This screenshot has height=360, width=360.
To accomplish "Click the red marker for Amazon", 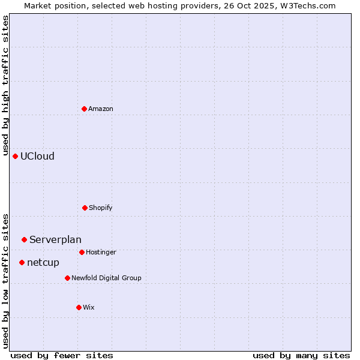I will click(84, 109).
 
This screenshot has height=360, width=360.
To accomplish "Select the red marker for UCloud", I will click(15, 156).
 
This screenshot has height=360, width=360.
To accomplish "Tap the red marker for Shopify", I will click(85, 208).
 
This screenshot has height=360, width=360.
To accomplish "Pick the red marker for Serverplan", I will click(24, 239).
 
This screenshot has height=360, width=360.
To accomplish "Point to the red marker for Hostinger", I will click(82, 252).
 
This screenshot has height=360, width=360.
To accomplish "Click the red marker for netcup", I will click(22, 262).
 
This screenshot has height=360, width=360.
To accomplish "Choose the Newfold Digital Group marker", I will click(67, 278).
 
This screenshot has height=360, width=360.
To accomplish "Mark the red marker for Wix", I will click(79, 307).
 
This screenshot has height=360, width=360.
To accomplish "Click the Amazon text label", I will click(101, 109).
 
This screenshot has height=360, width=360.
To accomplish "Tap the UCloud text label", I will click(37, 157).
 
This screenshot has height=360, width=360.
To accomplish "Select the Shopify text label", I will click(101, 208).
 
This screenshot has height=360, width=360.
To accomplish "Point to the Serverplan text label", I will click(55, 240).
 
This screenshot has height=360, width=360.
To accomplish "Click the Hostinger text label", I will click(101, 253).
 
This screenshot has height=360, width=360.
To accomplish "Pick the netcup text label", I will click(43, 263).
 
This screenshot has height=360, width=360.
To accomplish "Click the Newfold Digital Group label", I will click(106, 278).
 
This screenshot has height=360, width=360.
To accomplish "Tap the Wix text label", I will click(89, 308).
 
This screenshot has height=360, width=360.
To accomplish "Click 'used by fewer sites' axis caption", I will click(62, 356).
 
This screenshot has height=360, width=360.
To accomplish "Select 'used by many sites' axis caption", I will click(301, 356).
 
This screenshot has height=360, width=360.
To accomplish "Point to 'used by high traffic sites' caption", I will click(6, 84).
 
